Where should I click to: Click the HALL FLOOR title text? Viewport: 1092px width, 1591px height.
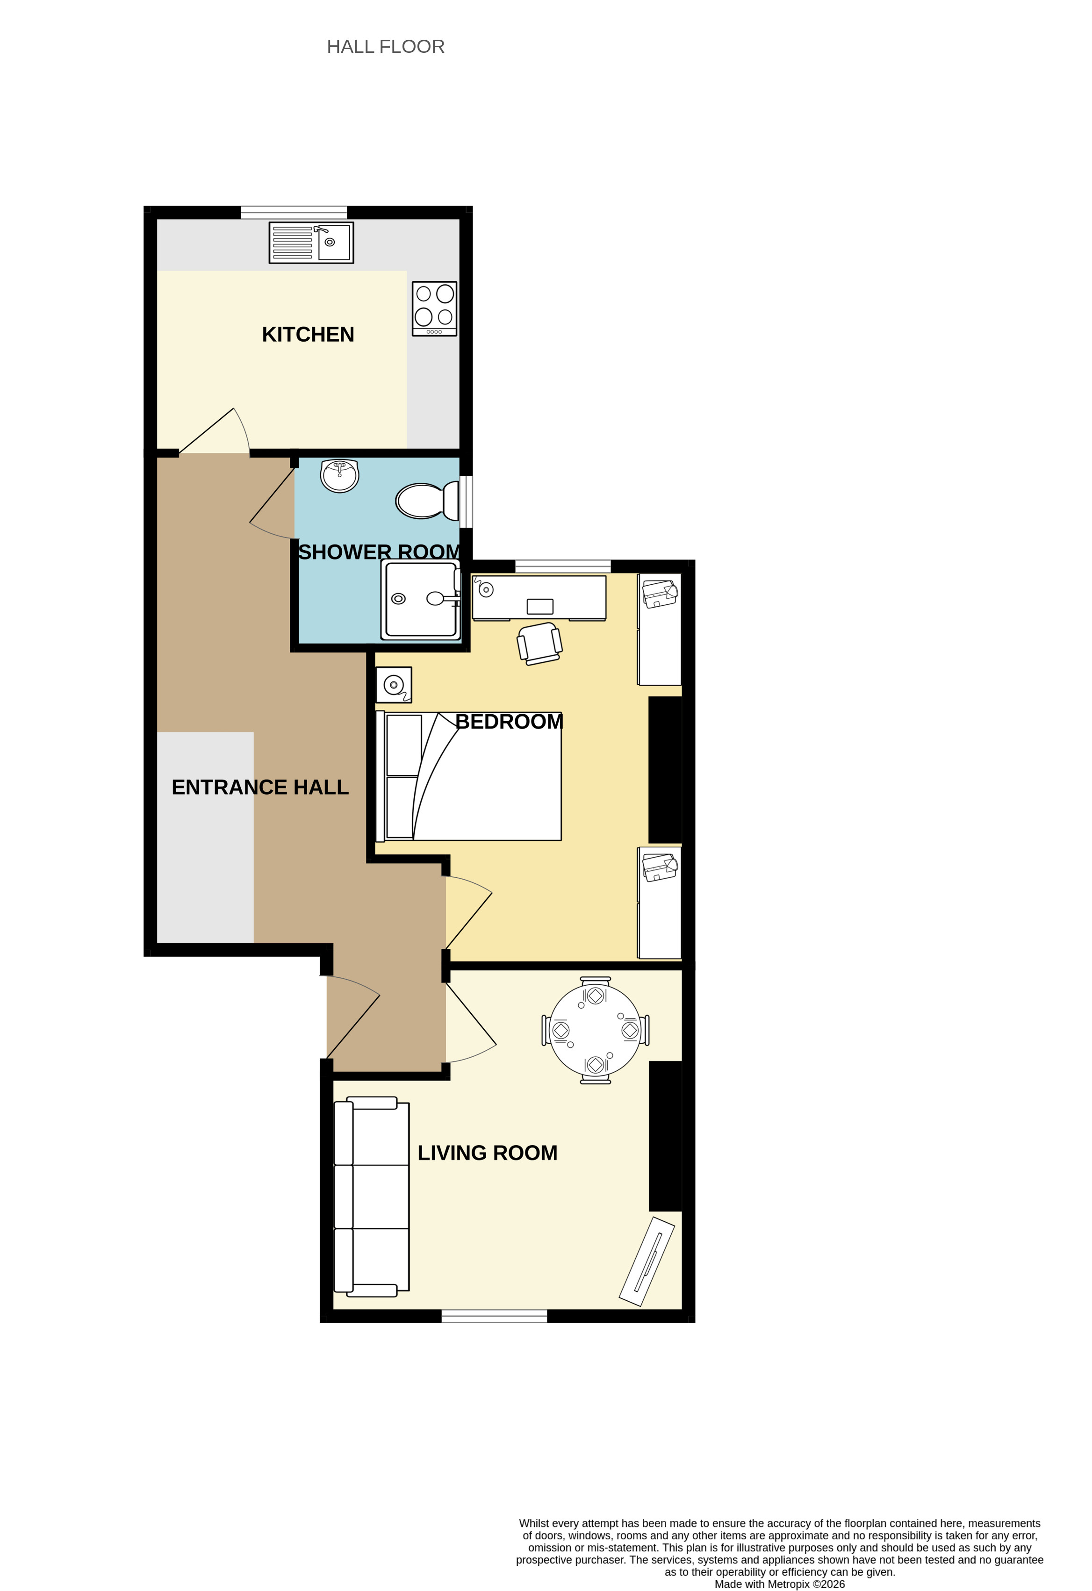(386, 47)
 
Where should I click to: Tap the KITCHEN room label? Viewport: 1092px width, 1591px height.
(308, 334)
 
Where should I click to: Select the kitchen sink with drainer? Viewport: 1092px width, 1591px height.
(311, 243)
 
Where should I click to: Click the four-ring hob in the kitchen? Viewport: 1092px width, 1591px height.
(435, 309)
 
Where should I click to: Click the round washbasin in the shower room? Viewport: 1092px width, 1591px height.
(339, 475)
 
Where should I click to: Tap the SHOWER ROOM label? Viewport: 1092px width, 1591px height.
(379, 552)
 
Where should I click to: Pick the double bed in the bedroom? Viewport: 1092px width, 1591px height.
(469, 776)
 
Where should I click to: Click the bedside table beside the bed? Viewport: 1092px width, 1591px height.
(394, 685)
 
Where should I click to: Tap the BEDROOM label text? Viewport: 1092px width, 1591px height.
(510, 722)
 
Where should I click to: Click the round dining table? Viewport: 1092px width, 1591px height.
(596, 1030)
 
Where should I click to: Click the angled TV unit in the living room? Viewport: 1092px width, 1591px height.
(647, 1261)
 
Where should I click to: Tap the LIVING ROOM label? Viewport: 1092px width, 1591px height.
(488, 1153)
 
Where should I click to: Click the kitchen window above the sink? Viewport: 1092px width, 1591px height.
(294, 212)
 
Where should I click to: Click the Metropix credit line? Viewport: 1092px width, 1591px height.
(780, 1584)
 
